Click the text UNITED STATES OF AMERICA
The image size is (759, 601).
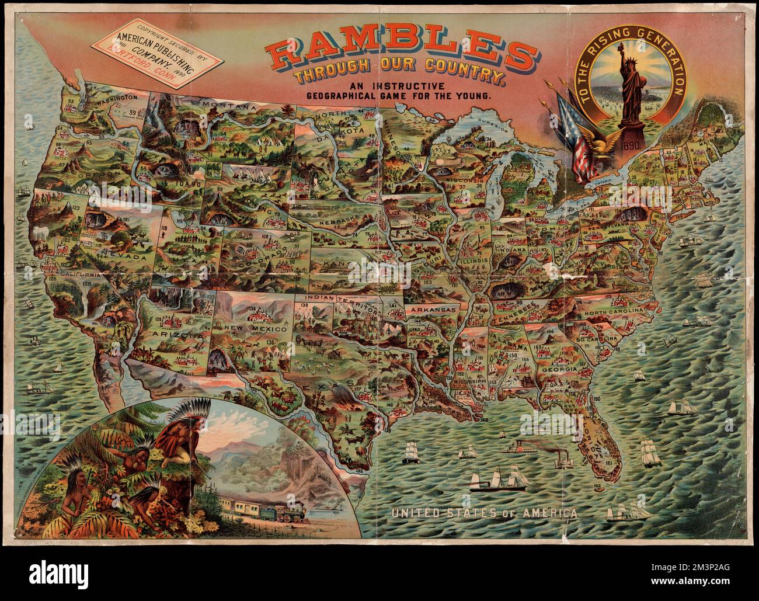click(485, 513)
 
